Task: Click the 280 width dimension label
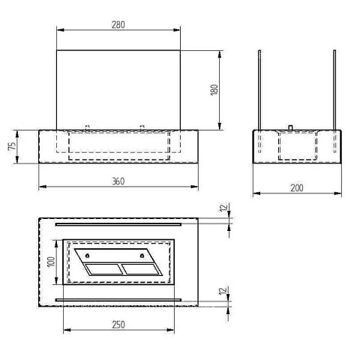pos(118,25)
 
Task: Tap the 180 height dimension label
pos(214,90)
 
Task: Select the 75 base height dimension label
pos(12,146)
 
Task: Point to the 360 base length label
pos(118,181)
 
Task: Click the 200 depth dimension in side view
pos(297,188)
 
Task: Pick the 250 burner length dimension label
pos(118,325)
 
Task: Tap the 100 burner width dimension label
pos(51,262)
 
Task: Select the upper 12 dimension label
pos(224,207)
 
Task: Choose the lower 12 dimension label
pos(223,290)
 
